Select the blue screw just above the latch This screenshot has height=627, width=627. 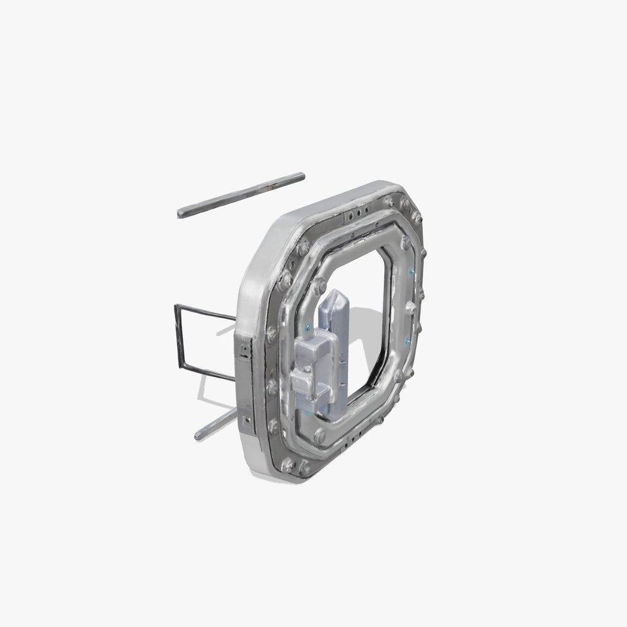306,325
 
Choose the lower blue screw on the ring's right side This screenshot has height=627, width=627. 408,341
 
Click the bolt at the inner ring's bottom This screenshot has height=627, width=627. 319,434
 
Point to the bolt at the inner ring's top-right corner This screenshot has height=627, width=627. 406,242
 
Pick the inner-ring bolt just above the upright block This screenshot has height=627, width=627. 320,285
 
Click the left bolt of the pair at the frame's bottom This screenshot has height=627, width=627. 286,464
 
